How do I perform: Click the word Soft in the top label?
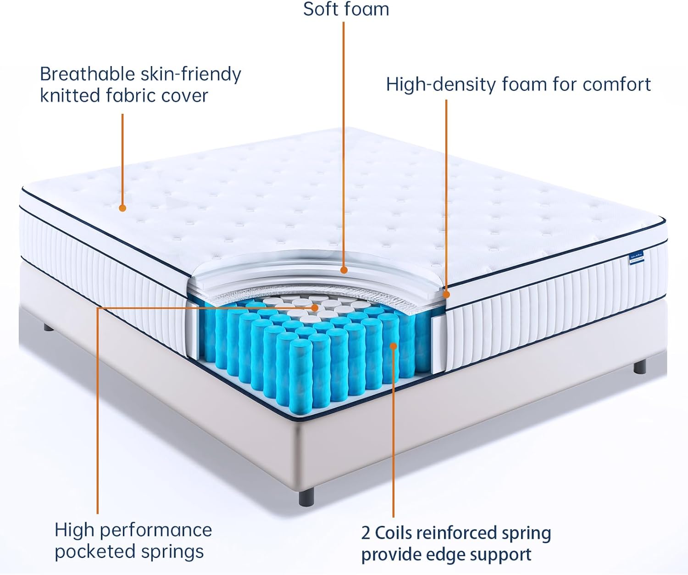coord(321,9)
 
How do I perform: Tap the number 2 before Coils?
coord(366,533)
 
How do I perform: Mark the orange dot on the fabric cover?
coord(122,208)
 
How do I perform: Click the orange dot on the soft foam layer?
coord(344,270)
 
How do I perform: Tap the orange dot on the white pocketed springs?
coord(315,307)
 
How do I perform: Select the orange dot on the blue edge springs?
coord(393,345)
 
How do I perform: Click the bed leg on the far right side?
coord(640,367)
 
